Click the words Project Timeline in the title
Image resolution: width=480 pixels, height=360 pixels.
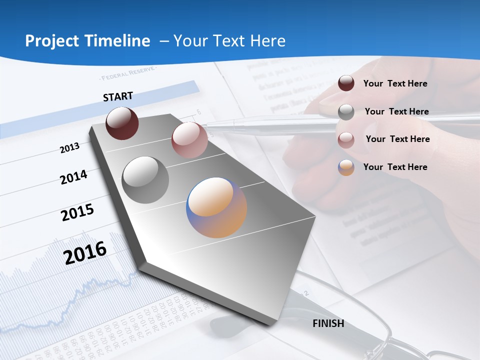87,41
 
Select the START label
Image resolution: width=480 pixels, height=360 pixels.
118,96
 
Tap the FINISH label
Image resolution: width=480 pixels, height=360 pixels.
328,323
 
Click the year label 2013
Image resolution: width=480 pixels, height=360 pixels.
70,148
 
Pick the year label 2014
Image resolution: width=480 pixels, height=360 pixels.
73,177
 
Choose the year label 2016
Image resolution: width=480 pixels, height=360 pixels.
85,252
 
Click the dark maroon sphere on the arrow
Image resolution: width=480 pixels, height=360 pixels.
122,123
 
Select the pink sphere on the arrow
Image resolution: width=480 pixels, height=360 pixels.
189,140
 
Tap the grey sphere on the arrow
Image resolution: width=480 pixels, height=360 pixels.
145,180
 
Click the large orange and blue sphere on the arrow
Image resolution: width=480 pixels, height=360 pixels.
216,207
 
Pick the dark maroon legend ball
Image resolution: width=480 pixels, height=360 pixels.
346,83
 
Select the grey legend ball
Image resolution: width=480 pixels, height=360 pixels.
346,111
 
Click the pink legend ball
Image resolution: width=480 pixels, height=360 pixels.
346,139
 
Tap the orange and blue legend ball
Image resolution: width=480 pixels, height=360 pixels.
346,167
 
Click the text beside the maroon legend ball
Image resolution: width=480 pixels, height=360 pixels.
395,83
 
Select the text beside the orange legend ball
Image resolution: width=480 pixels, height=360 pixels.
395,167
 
